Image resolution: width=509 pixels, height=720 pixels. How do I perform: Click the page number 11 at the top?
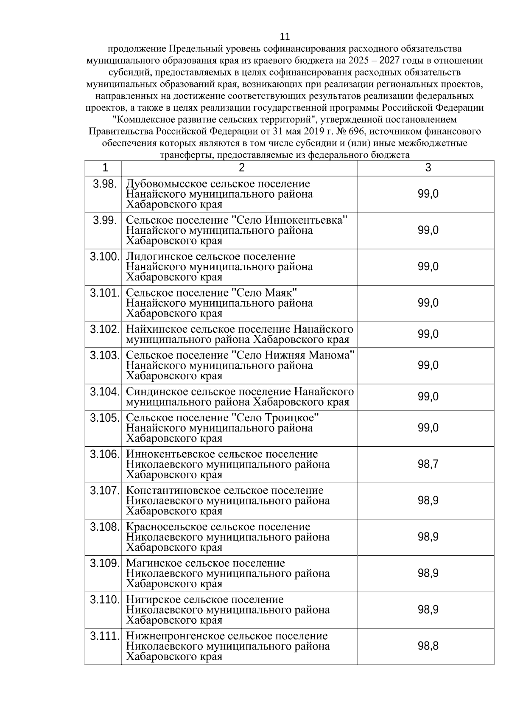(x=285, y=36)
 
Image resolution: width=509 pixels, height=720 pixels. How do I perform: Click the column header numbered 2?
(x=241, y=168)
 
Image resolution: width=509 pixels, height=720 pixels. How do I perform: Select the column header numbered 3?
(x=428, y=168)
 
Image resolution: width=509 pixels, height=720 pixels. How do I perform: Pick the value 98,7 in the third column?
(x=428, y=464)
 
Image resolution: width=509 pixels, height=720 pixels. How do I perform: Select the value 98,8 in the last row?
(x=428, y=646)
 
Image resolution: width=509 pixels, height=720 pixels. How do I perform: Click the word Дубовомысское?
(x=167, y=184)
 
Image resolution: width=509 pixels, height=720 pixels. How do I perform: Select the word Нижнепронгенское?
(x=175, y=636)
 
